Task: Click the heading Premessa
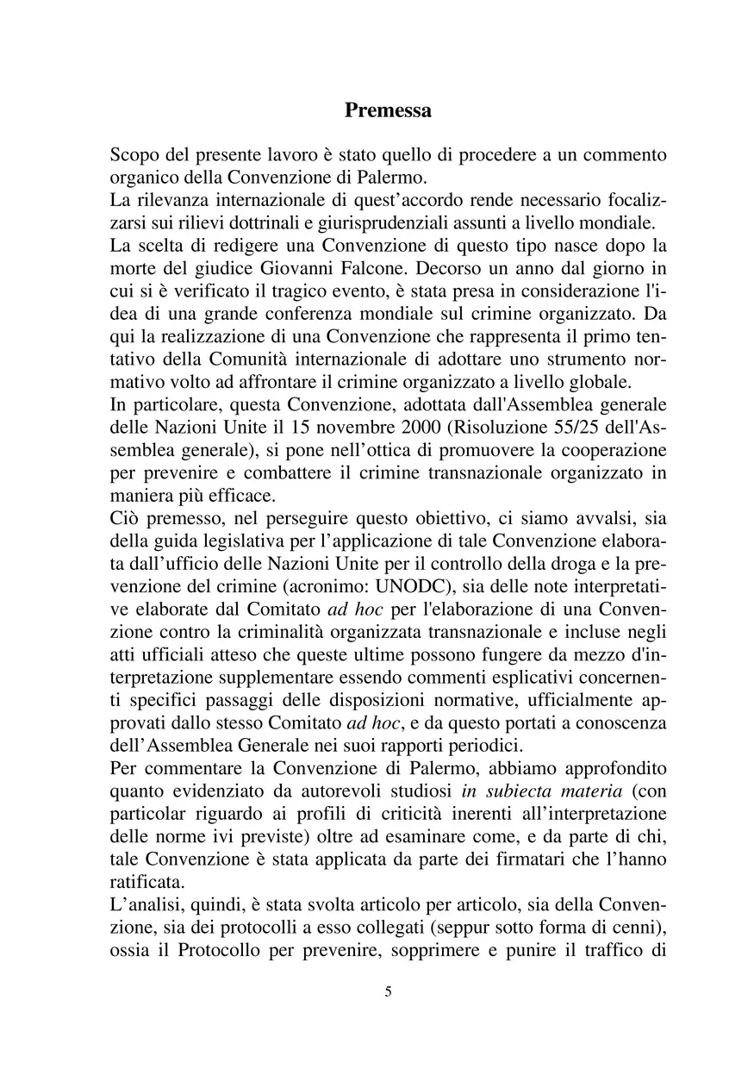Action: (388, 110)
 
